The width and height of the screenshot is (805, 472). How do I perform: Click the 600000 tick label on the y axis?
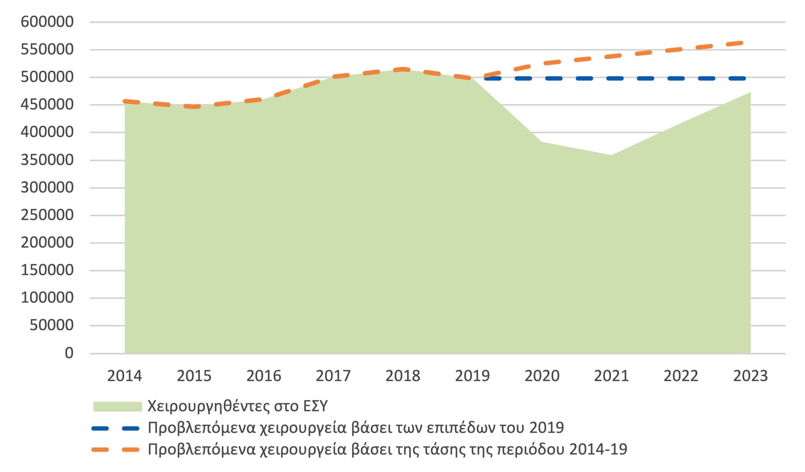point(47,22)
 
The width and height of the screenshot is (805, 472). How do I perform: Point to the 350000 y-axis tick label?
point(47,160)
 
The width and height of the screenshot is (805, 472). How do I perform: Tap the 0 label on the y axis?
point(69,353)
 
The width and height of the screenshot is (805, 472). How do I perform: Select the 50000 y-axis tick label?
point(52,325)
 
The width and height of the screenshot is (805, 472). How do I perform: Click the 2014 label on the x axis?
point(124,376)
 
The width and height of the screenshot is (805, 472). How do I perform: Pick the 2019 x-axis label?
point(472,376)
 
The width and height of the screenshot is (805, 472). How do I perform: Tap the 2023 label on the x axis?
point(750,376)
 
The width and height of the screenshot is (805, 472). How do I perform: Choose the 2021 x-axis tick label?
point(611,376)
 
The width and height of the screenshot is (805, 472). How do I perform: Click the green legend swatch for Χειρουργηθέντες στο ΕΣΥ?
point(118,407)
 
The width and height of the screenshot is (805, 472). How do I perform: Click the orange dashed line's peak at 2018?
point(403,69)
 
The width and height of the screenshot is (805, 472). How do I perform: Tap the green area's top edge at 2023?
point(750,93)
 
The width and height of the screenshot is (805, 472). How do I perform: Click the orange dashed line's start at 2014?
point(125,101)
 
